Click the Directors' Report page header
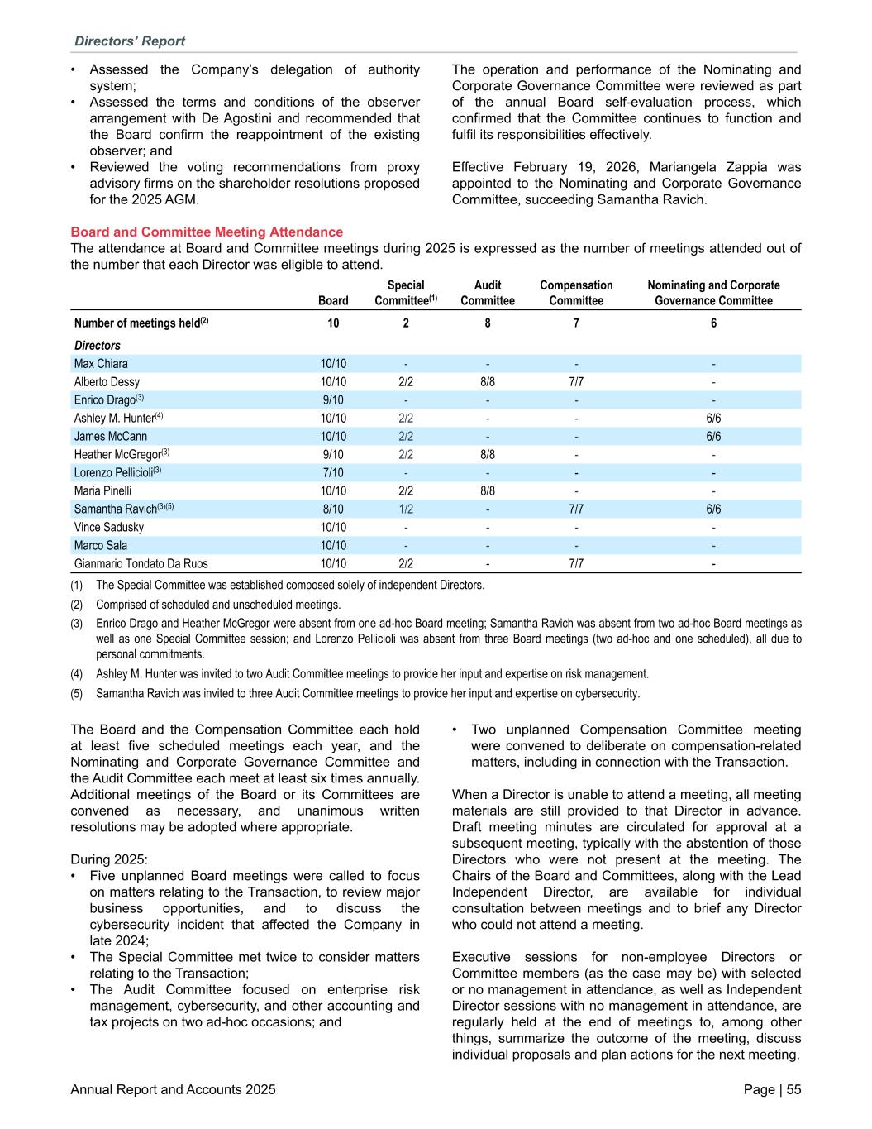tap(130, 41)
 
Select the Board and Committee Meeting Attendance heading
tap(207, 232)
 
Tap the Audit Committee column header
tap(488, 293)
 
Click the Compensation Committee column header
tap(576, 293)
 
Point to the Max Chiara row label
tap(101, 364)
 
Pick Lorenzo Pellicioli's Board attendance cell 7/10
tap(333, 473)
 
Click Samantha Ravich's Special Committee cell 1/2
tap(406, 509)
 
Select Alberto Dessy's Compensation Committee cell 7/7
tap(576, 382)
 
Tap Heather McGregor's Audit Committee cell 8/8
tap(488, 455)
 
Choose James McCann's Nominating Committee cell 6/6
tap(713, 437)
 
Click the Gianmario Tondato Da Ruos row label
tap(141, 564)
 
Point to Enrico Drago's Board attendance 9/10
tap(333, 400)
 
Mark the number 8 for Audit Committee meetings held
tap(488, 323)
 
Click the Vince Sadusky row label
tap(109, 528)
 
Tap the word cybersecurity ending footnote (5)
tap(612, 694)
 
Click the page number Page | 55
tap(772, 1090)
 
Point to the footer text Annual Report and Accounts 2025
tap(174, 1090)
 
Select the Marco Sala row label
tap(100, 546)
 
